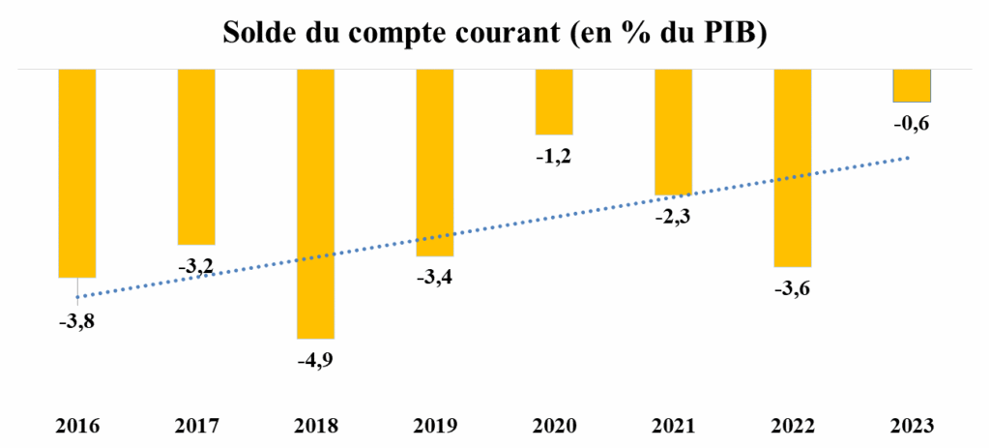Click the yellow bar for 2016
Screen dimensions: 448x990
tap(77, 174)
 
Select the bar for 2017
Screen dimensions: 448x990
tap(196, 157)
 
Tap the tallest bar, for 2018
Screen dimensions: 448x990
tap(315, 204)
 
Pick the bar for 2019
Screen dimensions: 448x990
tap(435, 163)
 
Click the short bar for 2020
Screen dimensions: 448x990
tap(554, 103)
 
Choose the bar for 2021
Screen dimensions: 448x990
tap(673, 133)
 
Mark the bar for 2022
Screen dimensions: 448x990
tap(792, 168)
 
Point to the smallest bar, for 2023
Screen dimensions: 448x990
tap(912, 86)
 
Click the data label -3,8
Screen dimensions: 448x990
tap(77, 321)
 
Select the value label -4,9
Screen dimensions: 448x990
tap(315, 362)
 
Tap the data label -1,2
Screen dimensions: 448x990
tap(554, 157)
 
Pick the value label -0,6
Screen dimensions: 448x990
tap(912, 123)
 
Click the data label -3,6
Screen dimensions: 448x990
tap(792, 289)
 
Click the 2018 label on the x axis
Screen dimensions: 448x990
tap(315, 425)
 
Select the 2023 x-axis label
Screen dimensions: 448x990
tap(912, 425)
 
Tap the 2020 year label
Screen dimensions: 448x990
tap(554, 425)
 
